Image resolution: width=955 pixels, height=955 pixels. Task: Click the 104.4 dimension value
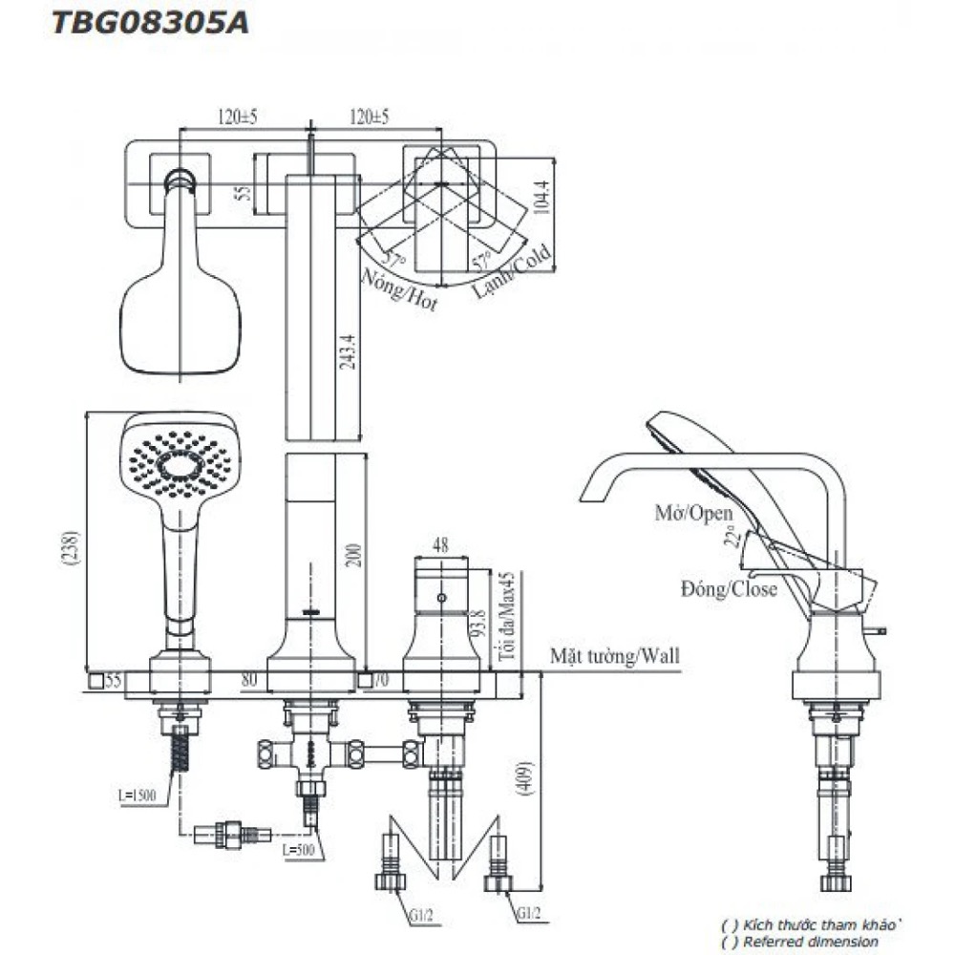pyautogui.click(x=545, y=202)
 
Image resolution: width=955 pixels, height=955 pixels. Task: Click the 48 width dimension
pyautogui.click(x=439, y=546)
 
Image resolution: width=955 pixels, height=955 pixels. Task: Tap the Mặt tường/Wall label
pyautogui.click(x=615, y=656)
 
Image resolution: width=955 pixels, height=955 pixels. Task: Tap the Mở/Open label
pyautogui.click(x=693, y=512)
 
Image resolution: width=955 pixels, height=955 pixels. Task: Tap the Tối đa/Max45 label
pyautogui.click(x=508, y=618)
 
